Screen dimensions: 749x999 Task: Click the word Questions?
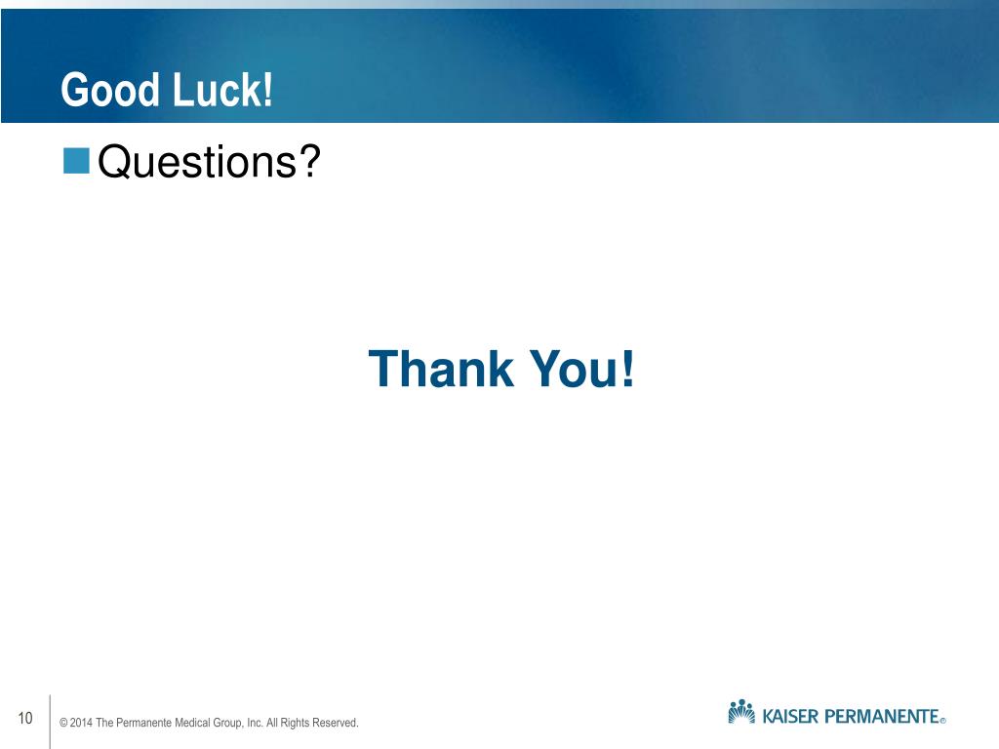click(210, 162)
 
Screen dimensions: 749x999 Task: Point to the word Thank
click(441, 369)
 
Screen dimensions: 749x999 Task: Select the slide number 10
click(24, 720)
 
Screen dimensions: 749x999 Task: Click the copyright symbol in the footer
click(63, 724)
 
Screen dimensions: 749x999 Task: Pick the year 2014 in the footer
click(81, 724)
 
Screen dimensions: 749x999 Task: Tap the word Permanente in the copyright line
click(144, 724)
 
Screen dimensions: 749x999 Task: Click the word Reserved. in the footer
click(338, 724)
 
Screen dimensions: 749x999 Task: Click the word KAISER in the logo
click(789, 718)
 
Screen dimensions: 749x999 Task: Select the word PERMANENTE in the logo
click(882, 718)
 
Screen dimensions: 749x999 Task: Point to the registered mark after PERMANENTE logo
click(943, 722)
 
